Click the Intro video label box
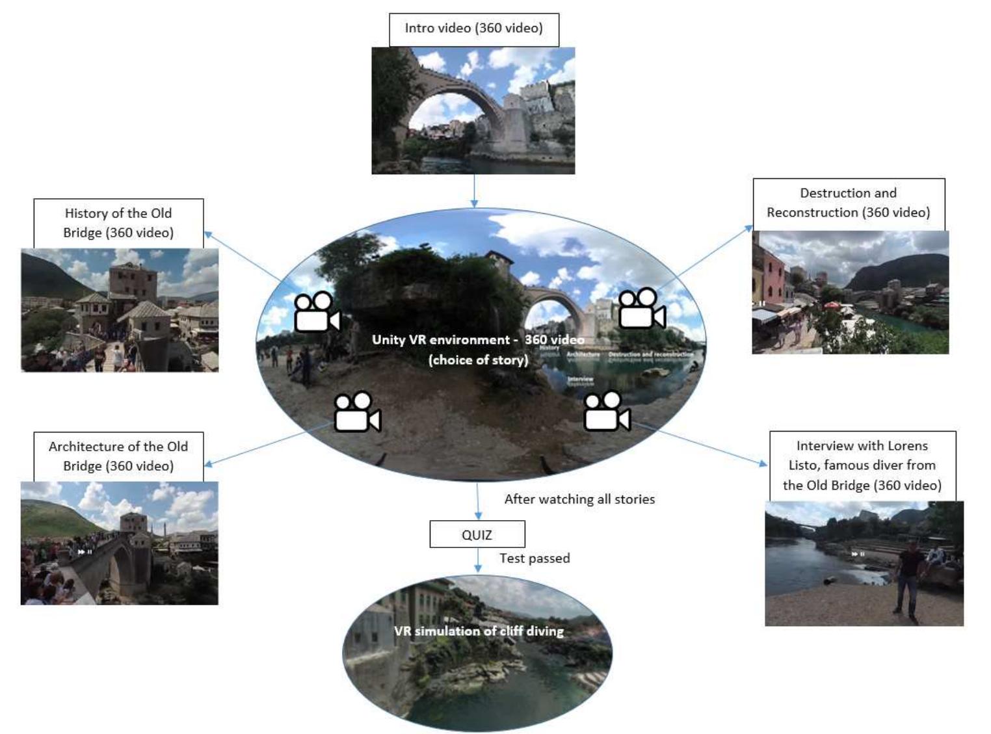[x=473, y=29]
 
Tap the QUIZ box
[x=477, y=534]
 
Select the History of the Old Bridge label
[x=118, y=223]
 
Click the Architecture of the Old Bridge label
[x=118, y=456]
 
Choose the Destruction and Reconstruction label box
[x=848, y=203]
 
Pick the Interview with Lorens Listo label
[x=862, y=465]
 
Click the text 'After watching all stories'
[x=579, y=499]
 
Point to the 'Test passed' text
[x=535, y=558]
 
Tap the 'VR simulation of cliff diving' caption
[x=479, y=631]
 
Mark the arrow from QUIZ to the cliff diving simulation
[x=478, y=560]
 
